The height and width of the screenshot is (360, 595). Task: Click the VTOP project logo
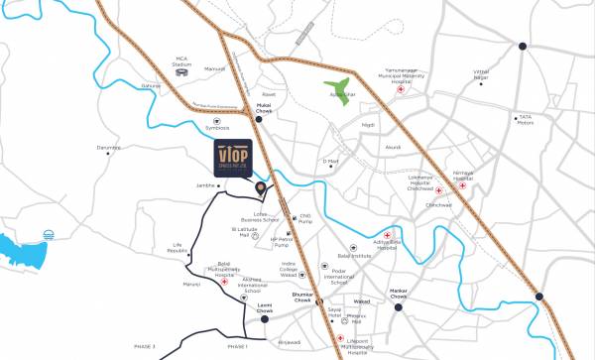coord(238,160)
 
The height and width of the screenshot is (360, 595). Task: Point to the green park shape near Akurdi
coord(339,92)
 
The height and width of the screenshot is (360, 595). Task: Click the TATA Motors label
coord(525,121)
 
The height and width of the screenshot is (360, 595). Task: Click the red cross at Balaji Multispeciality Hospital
coord(225,282)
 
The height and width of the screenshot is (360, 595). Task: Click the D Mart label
coord(331,162)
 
